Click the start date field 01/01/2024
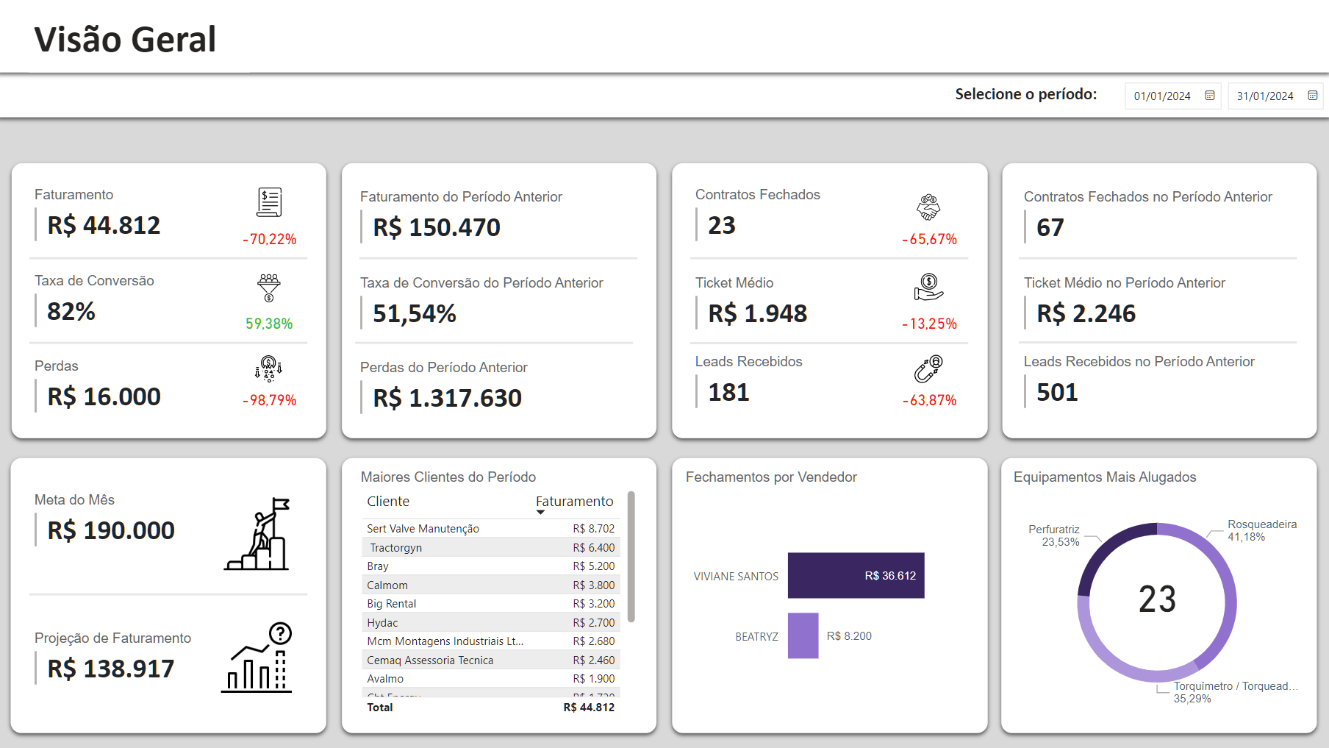(x=1162, y=96)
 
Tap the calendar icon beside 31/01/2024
(x=1313, y=96)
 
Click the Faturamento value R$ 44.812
(x=104, y=225)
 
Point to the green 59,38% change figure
(x=269, y=324)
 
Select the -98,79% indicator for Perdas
(x=270, y=400)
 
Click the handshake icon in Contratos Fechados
(x=928, y=207)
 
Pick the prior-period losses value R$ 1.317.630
(x=447, y=398)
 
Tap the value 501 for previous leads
(x=1057, y=392)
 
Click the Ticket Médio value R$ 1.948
(x=757, y=313)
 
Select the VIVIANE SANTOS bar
(x=856, y=575)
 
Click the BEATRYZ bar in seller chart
(x=803, y=635)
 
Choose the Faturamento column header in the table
(x=574, y=502)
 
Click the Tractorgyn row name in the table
(x=395, y=548)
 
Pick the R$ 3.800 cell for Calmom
(x=594, y=585)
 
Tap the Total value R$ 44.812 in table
(x=589, y=708)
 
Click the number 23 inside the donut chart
(x=1157, y=599)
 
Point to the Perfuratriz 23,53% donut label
(x=1054, y=535)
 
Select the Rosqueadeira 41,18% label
(x=1261, y=530)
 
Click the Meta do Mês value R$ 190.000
(x=111, y=530)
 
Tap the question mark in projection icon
(x=280, y=633)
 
